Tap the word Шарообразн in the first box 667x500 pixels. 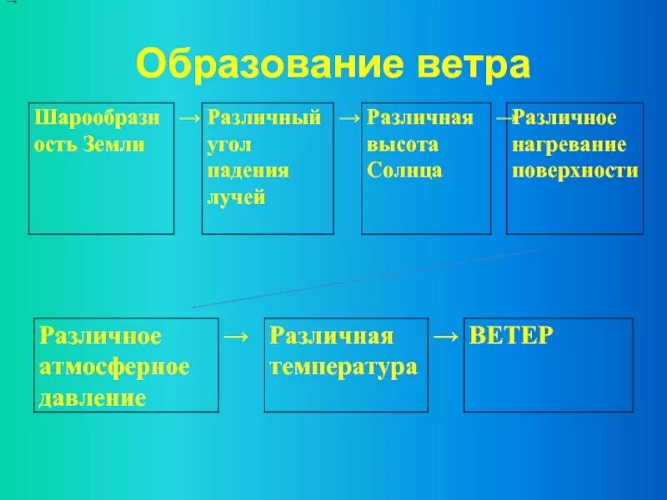96,117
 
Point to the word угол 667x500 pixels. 227,144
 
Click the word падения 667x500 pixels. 248,171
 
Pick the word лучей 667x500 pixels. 236,197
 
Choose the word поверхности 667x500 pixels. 575,171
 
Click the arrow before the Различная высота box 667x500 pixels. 349,119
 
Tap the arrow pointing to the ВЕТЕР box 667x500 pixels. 446,337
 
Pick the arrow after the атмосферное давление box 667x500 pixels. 237,337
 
